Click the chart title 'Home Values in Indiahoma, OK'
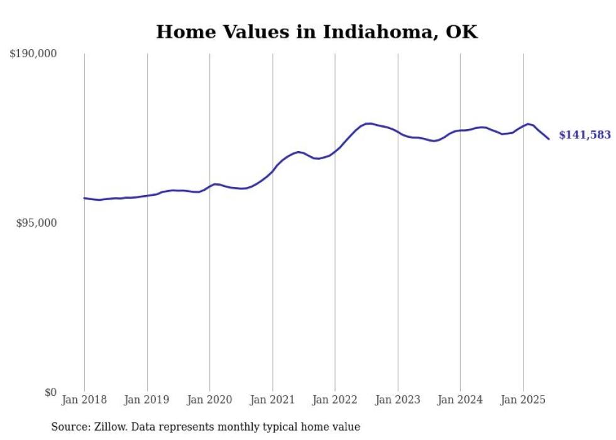tap(317, 32)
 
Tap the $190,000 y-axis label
tap(33, 54)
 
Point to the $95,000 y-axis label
tap(36, 223)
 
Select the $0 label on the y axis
tap(50, 392)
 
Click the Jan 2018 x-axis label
tap(84, 400)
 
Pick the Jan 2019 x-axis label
tap(147, 400)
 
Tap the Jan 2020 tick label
tap(209, 400)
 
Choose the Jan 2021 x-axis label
tap(272, 400)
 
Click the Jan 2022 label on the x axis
tap(335, 400)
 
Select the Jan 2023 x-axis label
tap(397, 400)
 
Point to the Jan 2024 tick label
tap(460, 400)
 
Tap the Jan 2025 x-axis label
tap(523, 400)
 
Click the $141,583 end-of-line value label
tap(585, 135)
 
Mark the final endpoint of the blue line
tap(549, 138)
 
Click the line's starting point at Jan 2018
tap(84, 198)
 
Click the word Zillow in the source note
tap(109, 427)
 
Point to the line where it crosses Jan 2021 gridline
tap(272, 171)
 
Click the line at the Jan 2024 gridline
tap(460, 130)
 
